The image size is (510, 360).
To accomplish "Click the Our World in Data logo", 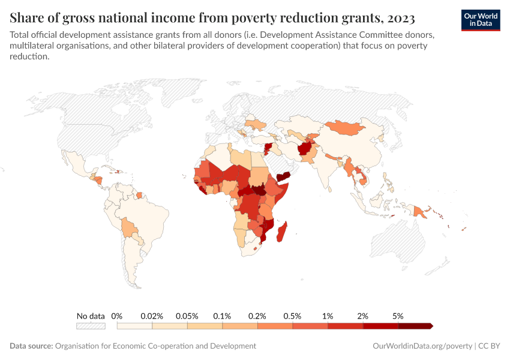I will click(x=480, y=19).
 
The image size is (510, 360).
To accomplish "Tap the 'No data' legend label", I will click(x=91, y=316).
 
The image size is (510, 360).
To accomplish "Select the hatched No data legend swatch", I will click(x=91, y=326).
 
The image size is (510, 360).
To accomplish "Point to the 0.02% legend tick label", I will click(x=152, y=316).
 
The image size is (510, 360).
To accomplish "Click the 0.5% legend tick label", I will click(x=293, y=316).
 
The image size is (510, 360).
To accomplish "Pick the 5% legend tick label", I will click(x=398, y=316).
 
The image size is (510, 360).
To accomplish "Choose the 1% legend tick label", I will click(x=328, y=316).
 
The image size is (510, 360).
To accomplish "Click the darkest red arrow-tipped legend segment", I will click(x=415, y=326).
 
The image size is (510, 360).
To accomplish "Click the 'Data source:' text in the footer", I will click(x=31, y=346).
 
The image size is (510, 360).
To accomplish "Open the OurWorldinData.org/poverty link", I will click(x=422, y=346).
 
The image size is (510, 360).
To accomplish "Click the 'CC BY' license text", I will click(x=489, y=346).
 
